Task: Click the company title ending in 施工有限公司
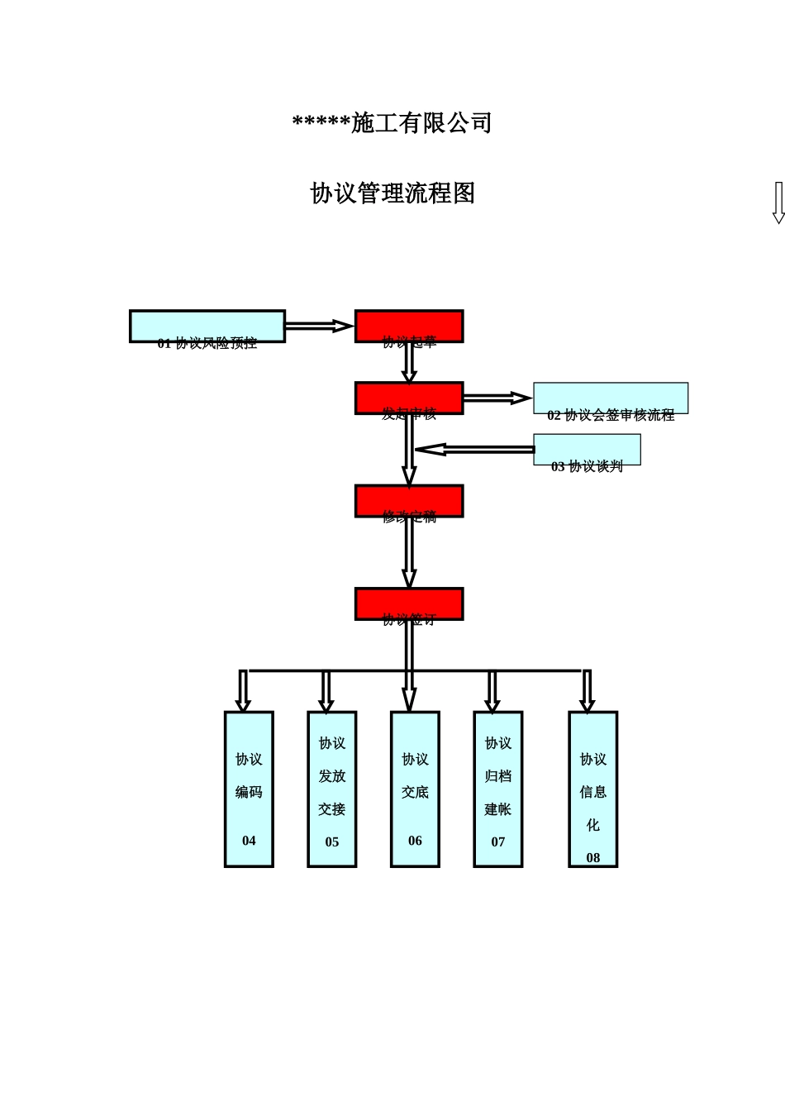click(392, 123)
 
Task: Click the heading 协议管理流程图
click(392, 193)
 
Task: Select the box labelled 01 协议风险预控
click(207, 327)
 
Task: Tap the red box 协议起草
click(409, 327)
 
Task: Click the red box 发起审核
click(409, 398)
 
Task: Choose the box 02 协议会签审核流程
click(611, 399)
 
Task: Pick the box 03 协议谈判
click(587, 451)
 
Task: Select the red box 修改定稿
click(409, 501)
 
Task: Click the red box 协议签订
click(409, 604)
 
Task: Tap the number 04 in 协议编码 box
click(249, 841)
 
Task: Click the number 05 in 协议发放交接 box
click(332, 842)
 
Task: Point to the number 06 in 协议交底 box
click(415, 841)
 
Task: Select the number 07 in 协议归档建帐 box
click(498, 842)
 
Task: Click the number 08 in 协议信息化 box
click(593, 858)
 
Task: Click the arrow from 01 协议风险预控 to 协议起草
click(319, 327)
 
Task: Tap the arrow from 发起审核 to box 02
click(497, 398)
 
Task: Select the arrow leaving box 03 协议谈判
click(474, 450)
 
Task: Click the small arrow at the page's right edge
click(778, 203)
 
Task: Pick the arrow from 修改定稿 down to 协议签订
click(409, 552)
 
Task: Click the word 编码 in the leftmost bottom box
click(249, 792)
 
